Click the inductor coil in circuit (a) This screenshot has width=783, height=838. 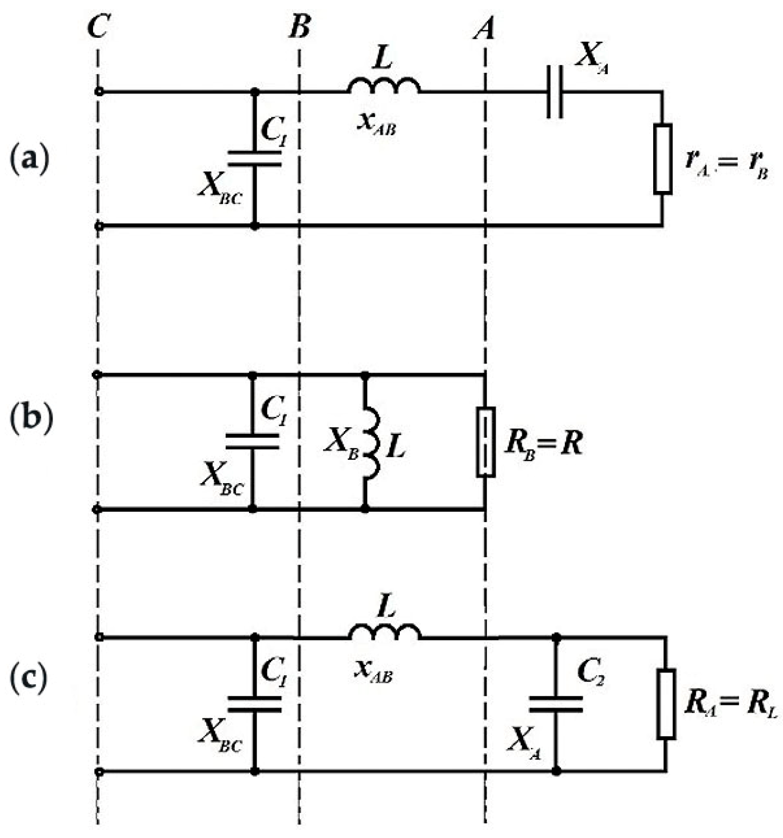click(x=383, y=87)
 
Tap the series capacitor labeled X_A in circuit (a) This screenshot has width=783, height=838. click(x=555, y=92)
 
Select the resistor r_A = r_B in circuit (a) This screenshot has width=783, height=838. click(x=663, y=159)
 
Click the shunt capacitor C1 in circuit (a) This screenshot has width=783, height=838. click(x=254, y=158)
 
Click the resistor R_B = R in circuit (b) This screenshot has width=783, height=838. click(x=485, y=442)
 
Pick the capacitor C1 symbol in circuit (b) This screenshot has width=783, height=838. click(x=252, y=441)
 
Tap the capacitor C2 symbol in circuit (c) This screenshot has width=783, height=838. click(x=556, y=704)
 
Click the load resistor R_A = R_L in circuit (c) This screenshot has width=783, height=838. click(x=666, y=704)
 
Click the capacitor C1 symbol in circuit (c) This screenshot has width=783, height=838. click(x=254, y=704)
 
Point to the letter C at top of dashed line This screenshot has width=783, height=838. click(x=98, y=27)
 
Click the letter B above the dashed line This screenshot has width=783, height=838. click(x=299, y=27)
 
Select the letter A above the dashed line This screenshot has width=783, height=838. click(x=484, y=28)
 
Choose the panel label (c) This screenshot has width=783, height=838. click(x=30, y=680)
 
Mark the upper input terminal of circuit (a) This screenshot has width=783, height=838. click(x=98, y=92)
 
